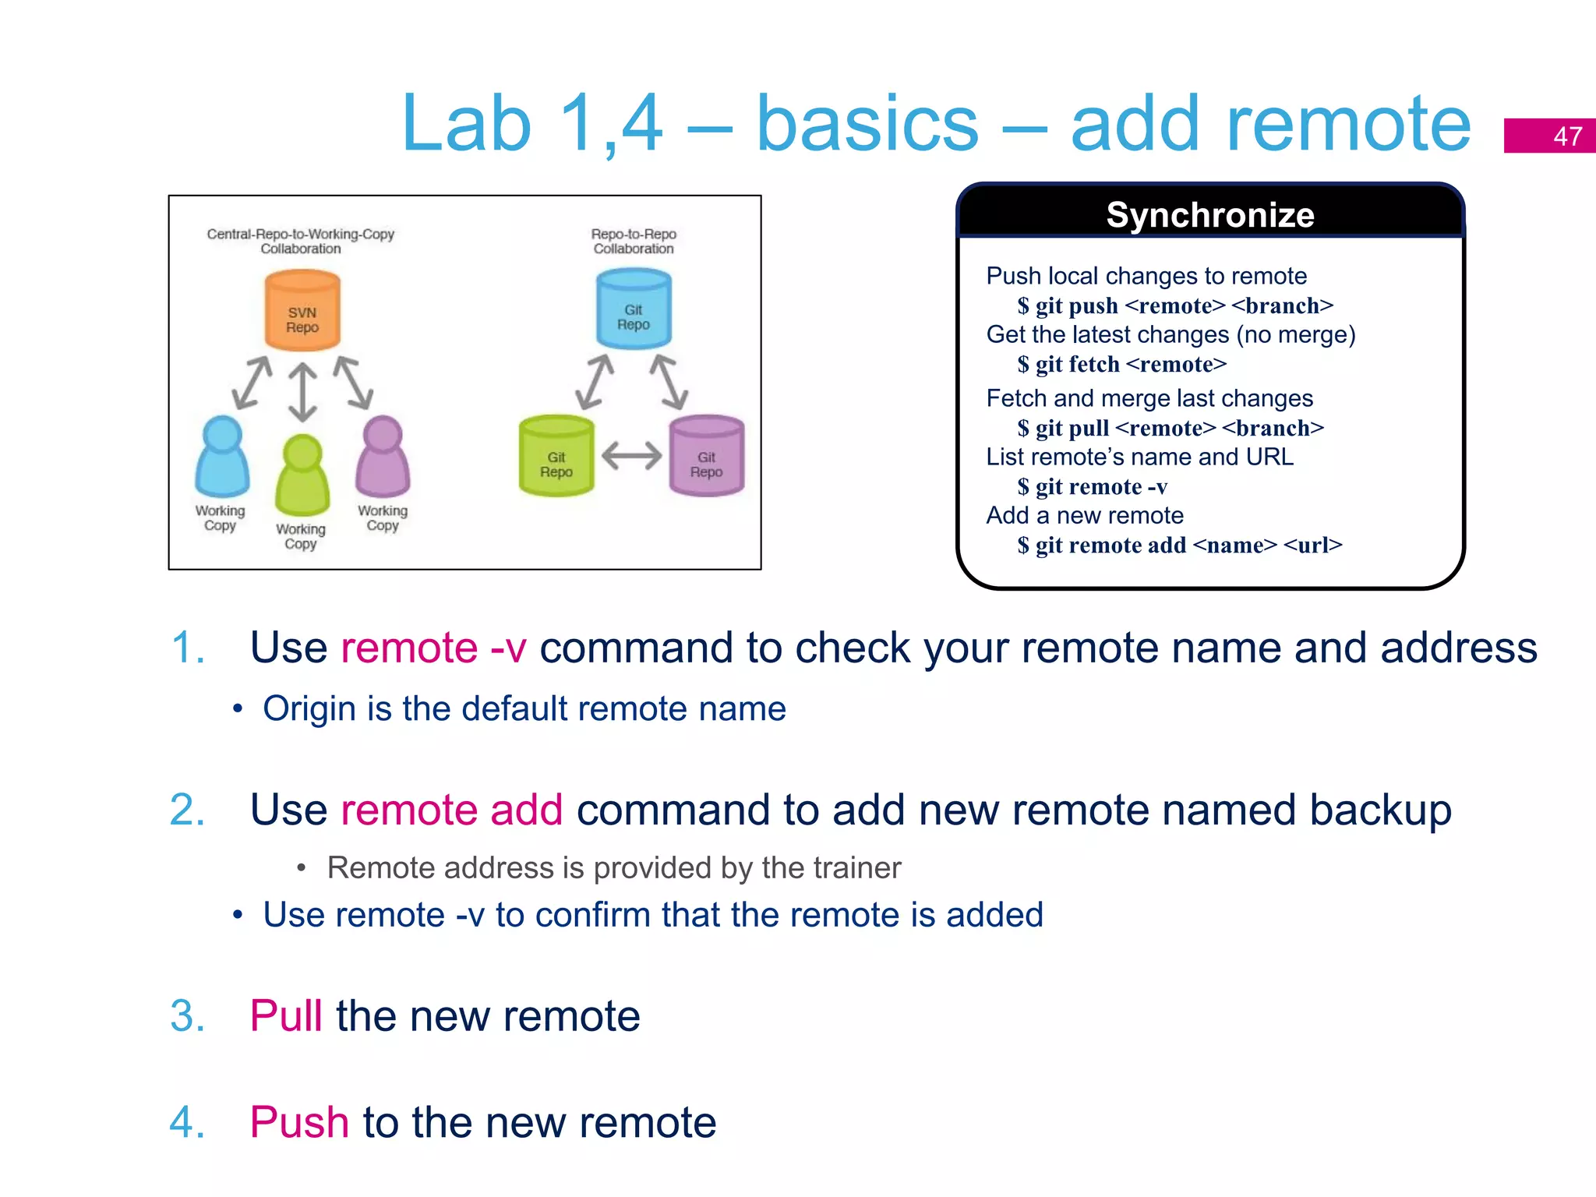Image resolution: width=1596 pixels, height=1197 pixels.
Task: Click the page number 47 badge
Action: [1549, 136]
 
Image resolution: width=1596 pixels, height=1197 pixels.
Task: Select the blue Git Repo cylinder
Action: [634, 309]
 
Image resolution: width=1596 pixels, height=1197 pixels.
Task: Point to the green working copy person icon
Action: [302, 475]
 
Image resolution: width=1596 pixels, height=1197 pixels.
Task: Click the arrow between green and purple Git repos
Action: [631, 455]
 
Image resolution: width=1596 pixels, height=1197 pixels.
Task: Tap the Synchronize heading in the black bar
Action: [1210, 214]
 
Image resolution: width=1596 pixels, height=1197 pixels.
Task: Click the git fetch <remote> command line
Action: [1122, 364]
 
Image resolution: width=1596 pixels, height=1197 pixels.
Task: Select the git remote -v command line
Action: [1093, 486]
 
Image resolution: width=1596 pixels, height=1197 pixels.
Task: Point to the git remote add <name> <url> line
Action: [1180, 545]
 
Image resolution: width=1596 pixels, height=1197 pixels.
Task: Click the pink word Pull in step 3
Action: [285, 1016]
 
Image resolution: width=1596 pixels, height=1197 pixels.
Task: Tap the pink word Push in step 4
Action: [298, 1123]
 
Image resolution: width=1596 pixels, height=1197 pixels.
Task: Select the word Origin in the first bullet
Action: [309, 709]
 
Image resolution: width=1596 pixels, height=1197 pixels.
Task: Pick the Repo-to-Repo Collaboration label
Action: [634, 241]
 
